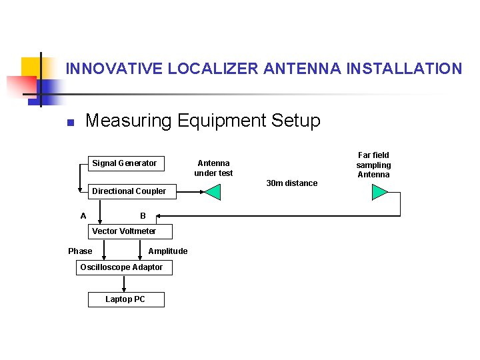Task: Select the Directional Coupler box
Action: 129,191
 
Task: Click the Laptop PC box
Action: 125,299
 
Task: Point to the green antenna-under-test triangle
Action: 213,192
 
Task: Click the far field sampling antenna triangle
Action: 379,192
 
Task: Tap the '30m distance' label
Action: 292,183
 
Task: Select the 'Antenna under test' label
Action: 213,168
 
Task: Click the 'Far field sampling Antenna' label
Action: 373,165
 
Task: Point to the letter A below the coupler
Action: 83,215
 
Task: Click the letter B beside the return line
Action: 143,215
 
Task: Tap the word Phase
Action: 80,251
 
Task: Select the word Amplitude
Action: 168,251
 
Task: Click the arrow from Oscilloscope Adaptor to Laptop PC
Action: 124,283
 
